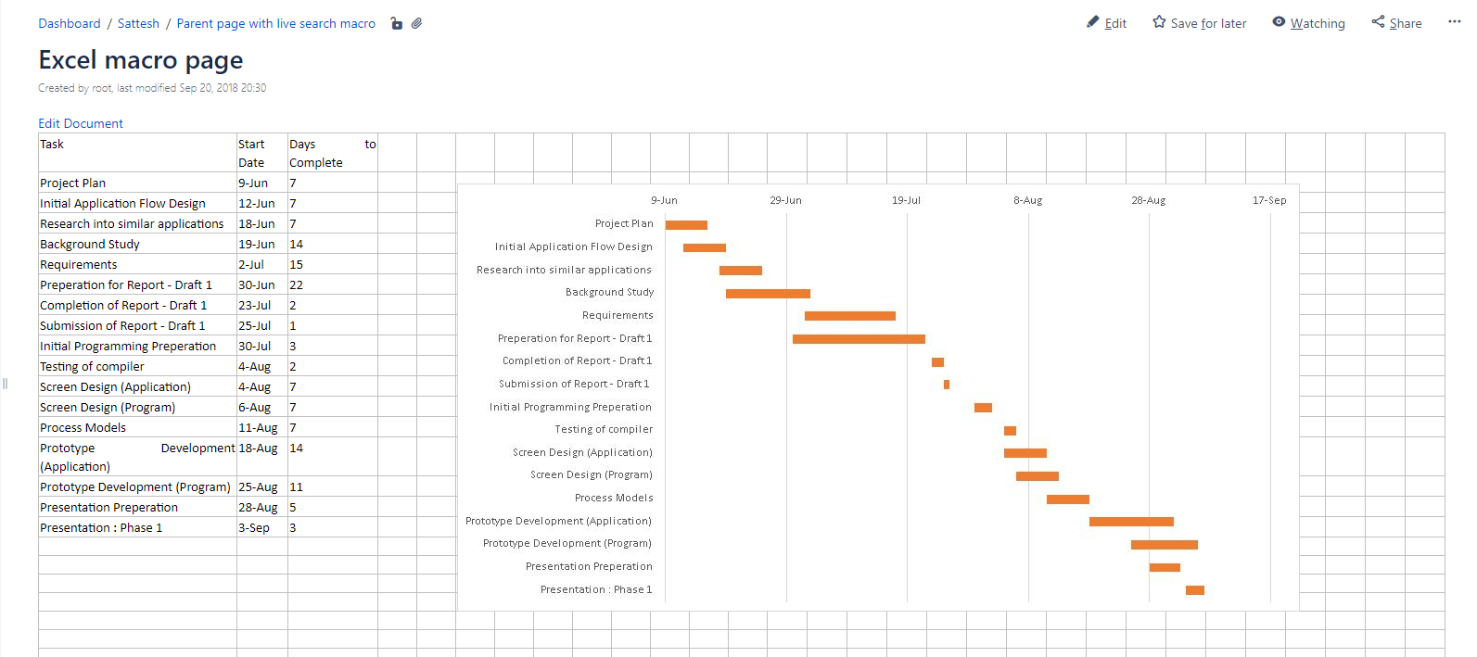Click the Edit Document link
(x=81, y=123)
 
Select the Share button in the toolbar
(x=1396, y=23)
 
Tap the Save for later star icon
(x=1159, y=22)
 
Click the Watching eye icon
(x=1279, y=22)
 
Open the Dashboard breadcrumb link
(x=70, y=23)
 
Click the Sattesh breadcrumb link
(x=138, y=23)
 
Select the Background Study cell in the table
(x=90, y=245)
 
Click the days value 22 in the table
(x=297, y=285)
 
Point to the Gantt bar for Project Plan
(x=686, y=225)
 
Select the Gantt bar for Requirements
(x=849, y=316)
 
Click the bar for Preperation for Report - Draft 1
(x=859, y=339)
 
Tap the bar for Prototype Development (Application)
(x=1131, y=522)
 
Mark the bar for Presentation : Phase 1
(x=1194, y=590)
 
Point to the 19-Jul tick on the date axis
(x=906, y=200)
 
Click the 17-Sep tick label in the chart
(x=1268, y=200)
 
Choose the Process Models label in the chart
(x=614, y=499)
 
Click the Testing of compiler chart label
(x=604, y=430)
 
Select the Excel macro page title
(x=141, y=60)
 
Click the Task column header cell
(x=52, y=145)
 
